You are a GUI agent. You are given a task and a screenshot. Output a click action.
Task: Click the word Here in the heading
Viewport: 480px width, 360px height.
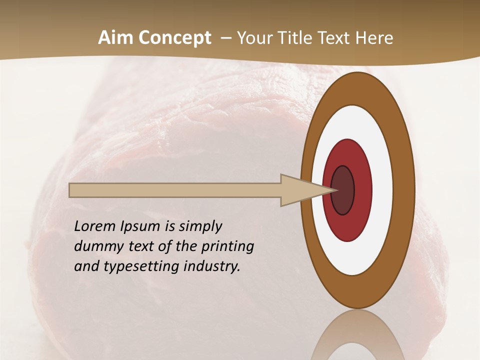(x=375, y=38)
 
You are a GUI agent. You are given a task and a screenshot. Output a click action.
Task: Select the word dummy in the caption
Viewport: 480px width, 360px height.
(x=97, y=246)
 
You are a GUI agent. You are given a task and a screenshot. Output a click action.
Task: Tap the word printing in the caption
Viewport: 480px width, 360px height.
(x=227, y=246)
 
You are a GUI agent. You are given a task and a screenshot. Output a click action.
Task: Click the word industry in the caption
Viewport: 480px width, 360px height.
(x=212, y=266)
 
